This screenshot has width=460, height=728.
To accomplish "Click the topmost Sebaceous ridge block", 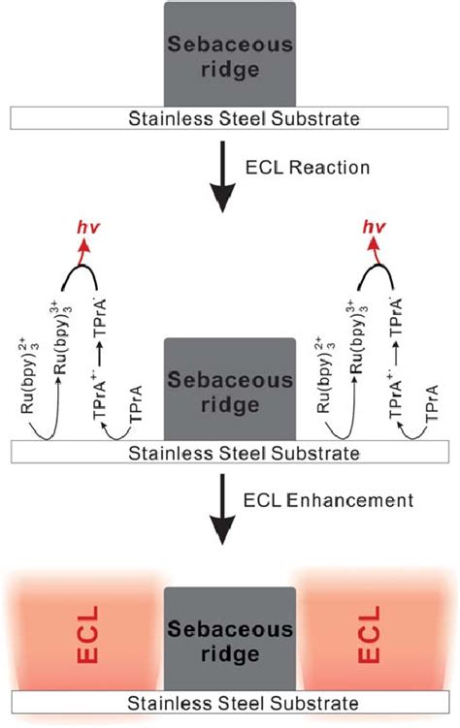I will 229,53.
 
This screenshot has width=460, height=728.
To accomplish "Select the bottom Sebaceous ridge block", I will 229,640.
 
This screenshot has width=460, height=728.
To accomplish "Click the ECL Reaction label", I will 306,168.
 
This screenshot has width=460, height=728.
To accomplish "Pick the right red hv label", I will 373,229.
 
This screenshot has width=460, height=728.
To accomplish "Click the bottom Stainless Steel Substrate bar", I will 229,703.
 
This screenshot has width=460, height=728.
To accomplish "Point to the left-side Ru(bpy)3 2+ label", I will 31,399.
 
